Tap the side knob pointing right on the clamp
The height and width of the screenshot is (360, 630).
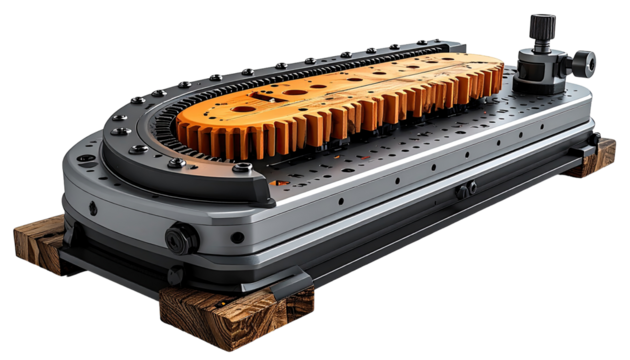click(586, 64)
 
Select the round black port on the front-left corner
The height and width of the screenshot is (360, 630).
click(181, 238)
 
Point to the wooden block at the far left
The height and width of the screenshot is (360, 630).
click(38, 243)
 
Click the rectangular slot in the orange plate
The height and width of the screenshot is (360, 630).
click(267, 97)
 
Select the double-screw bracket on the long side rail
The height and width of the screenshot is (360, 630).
click(465, 189)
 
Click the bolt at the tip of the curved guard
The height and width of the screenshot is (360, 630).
click(242, 168)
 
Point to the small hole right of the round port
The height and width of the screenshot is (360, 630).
click(237, 238)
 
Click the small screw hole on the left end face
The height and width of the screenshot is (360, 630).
click(93, 209)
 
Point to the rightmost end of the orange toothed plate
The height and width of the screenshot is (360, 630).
click(500, 75)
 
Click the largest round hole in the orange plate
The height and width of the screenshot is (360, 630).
click(297, 90)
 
